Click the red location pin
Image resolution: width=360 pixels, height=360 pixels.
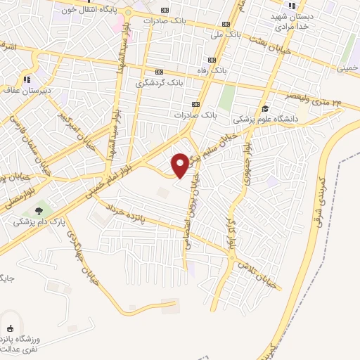click(x=180, y=165)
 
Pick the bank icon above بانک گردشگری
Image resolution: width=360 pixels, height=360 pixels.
click(x=159, y=72)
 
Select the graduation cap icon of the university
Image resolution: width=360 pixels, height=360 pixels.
click(x=266, y=108)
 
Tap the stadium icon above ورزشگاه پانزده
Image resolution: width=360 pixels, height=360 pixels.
click(x=10, y=328)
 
